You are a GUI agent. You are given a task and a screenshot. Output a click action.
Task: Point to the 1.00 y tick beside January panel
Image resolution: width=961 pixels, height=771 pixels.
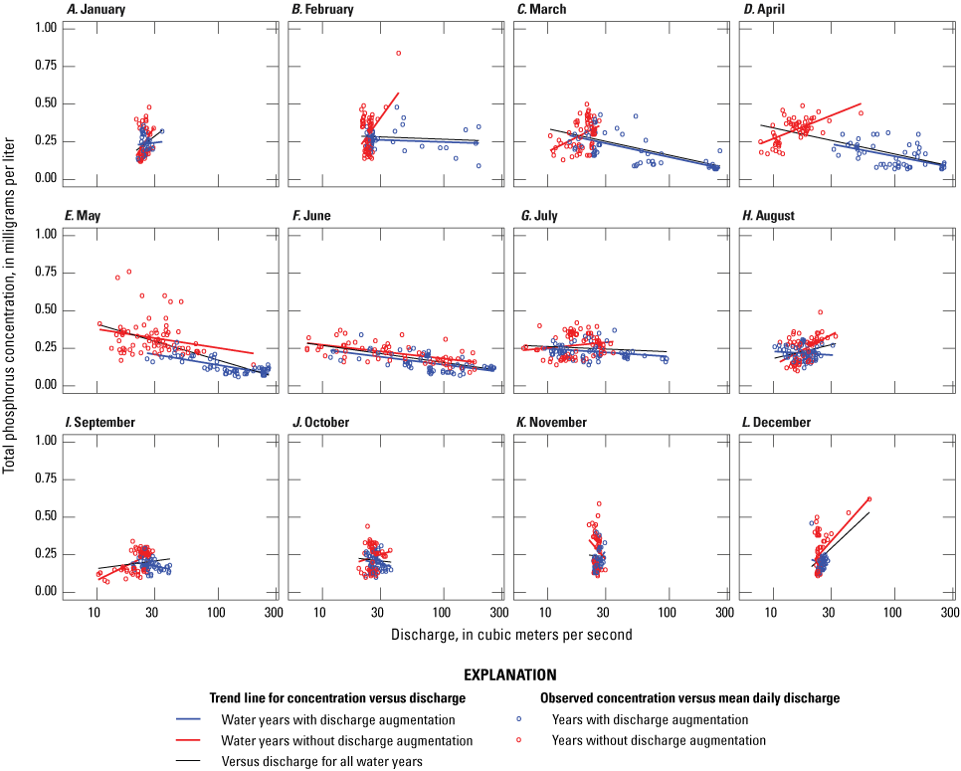pos(44,27)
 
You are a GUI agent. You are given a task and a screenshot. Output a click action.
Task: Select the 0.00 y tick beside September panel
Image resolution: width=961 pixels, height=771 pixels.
pos(44,592)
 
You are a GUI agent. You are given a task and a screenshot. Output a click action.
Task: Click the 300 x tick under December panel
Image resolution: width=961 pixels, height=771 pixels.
pos(949,614)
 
